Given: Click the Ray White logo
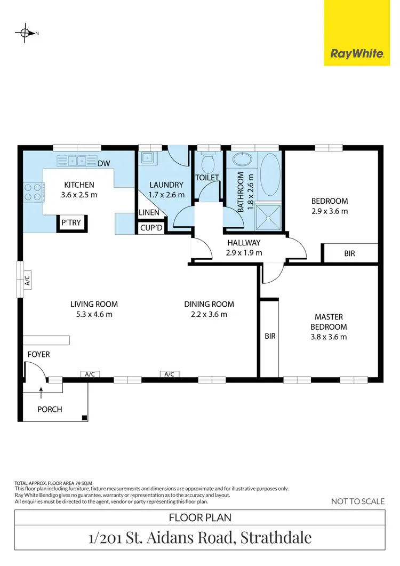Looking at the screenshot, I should (x=357, y=53).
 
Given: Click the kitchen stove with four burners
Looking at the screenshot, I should (x=33, y=192).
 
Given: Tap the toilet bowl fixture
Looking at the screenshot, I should (x=207, y=160).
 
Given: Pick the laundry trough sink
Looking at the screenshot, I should (x=146, y=158).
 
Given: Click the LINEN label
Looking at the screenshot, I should (x=148, y=213).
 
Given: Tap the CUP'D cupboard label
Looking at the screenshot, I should (x=150, y=228).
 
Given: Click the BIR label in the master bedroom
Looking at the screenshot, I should (x=270, y=337).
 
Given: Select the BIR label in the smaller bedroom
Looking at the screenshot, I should (x=350, y=254).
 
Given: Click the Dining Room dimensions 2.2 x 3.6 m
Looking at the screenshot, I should (x=209, y=314).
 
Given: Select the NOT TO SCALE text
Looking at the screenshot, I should (x=357, y=501).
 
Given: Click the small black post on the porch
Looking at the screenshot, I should (x=84, y=418).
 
